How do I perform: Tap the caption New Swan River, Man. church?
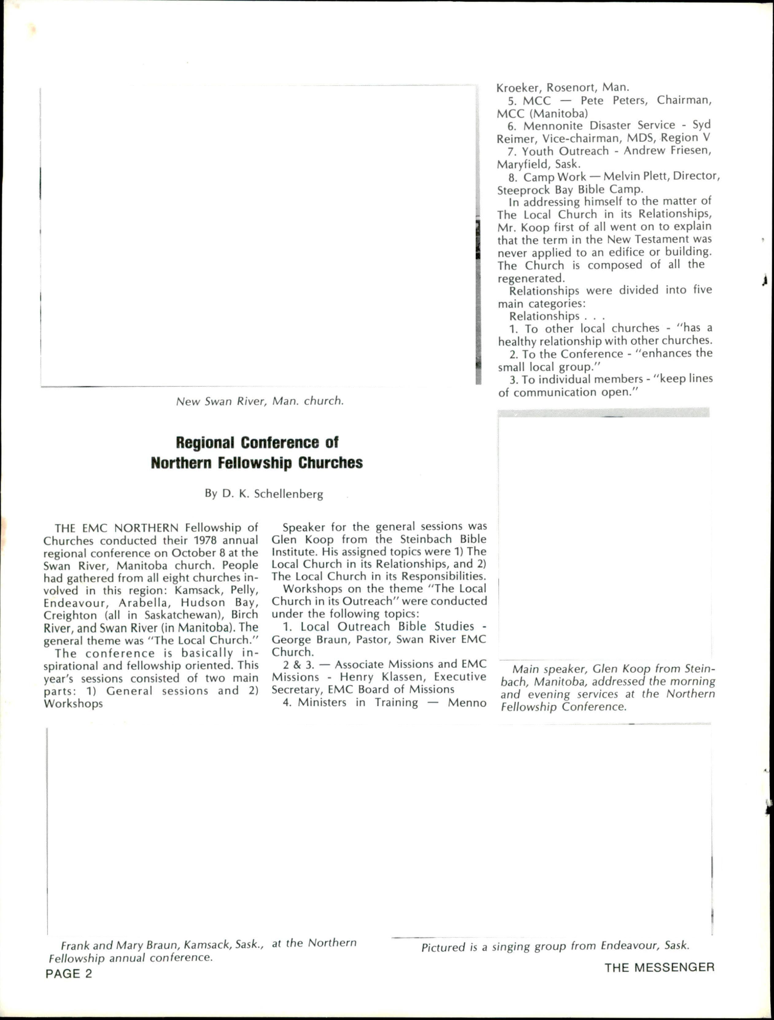coord(260,401)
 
